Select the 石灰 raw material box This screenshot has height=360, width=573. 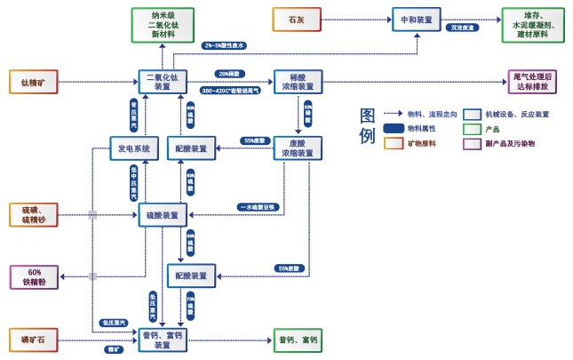coord(296,20)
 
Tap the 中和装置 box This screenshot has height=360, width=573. coord(416,20)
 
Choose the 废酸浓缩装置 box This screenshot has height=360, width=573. coord(298,148)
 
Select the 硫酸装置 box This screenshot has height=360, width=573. coord(163,214)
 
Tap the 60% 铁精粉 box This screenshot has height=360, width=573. coord(35,277)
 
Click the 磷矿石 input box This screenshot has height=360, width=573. coord(33,340)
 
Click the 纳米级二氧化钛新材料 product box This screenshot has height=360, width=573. coord(163,21)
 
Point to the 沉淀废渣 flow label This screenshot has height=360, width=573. coord(465,28)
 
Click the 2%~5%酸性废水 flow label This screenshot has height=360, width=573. coord(223,44)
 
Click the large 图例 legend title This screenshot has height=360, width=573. coord(367,126)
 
